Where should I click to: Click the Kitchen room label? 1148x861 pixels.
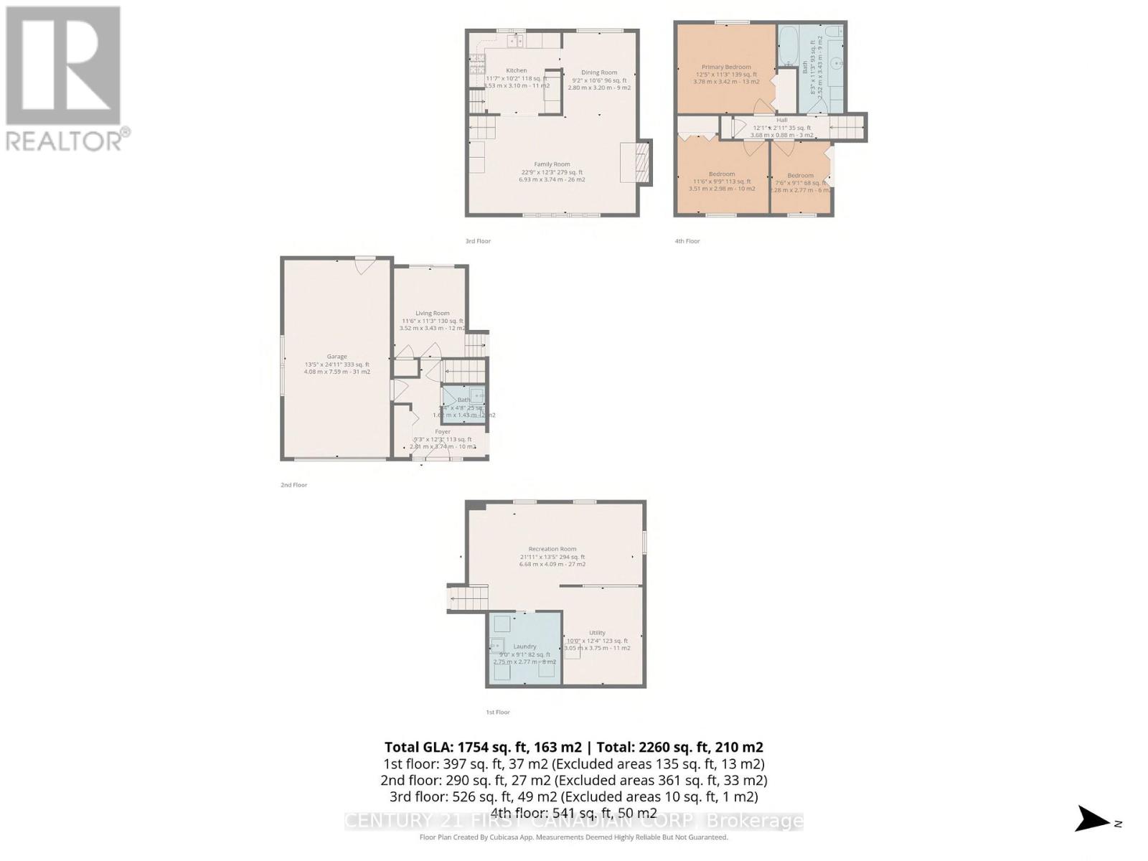(517, 71)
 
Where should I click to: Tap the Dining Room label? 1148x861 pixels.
(599, 72)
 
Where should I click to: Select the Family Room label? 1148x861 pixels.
(552, 164)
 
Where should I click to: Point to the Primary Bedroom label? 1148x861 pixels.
(726, 67)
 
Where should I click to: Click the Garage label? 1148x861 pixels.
(337, 357)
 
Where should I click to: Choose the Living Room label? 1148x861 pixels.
(432, 313)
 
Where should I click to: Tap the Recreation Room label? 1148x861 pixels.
(552, 549)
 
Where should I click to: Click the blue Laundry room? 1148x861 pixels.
(524, 649)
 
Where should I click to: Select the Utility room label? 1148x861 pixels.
(597, 633)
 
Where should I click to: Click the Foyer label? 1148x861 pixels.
(443, 432)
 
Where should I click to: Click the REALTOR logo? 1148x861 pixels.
(65, 79)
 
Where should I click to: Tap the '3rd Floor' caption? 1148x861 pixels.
(478, 241)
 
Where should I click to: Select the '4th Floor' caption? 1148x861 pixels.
(687, 241)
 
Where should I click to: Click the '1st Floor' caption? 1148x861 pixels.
(497, 712)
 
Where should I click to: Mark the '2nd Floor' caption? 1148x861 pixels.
(293, 485)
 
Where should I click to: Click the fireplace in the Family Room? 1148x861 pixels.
(637, 163)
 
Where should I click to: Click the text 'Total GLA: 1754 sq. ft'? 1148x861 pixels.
(481, 747)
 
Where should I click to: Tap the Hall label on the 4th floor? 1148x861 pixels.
(781, 120)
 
